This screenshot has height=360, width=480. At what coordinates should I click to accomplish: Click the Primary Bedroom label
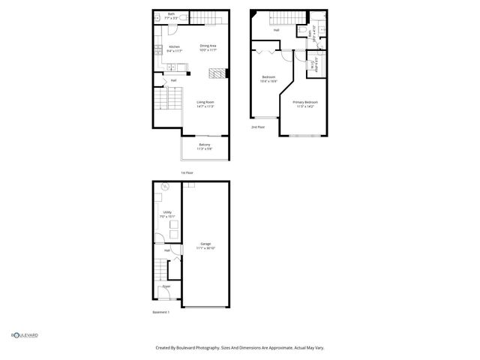pos(305,103)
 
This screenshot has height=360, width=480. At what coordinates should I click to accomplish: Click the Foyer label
pos(166,286)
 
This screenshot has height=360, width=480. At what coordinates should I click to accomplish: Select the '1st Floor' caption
pos(187,172)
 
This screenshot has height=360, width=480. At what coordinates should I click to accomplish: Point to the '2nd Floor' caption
pos(258,127)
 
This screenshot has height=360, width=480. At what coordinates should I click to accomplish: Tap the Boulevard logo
pos(24,335)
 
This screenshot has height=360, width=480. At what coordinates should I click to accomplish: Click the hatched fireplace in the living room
pos(216,74)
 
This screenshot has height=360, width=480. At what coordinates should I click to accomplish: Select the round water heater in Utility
pos(165,186)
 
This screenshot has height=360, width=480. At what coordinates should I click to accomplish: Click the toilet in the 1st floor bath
pos(160,16)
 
